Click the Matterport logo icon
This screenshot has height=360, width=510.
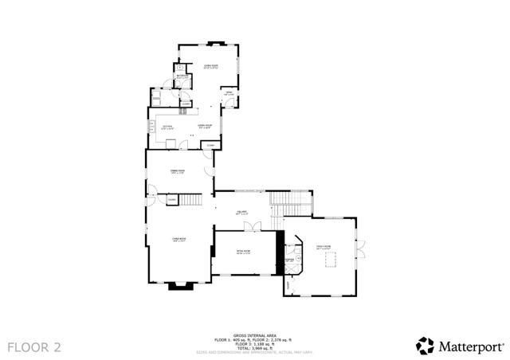pyautogui.click(x=424, y=346)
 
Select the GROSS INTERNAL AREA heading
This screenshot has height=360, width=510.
pyautogui.click(x=255, y=335)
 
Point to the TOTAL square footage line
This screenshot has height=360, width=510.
pyautogui.click(x=255, y=348)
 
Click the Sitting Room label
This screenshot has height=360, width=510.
pyautogui.click(x=243, y=253)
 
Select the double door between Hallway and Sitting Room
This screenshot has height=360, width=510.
pyautogui.click(x=251, y=228)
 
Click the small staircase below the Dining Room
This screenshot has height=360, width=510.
pyautogui.click(x=191, y=201)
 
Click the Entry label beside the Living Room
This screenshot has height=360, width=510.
pyautogui.click(x=228, y=95)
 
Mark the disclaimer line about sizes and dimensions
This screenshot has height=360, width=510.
pyautogui.click(x=255, y=352)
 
